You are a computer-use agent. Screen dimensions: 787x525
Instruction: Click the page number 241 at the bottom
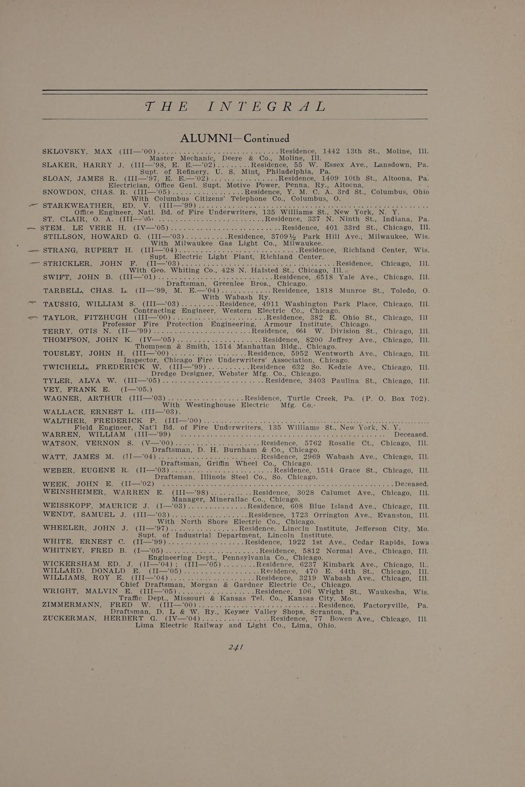(236, 647)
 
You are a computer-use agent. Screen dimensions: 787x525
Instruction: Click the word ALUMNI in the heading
(207, 138)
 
